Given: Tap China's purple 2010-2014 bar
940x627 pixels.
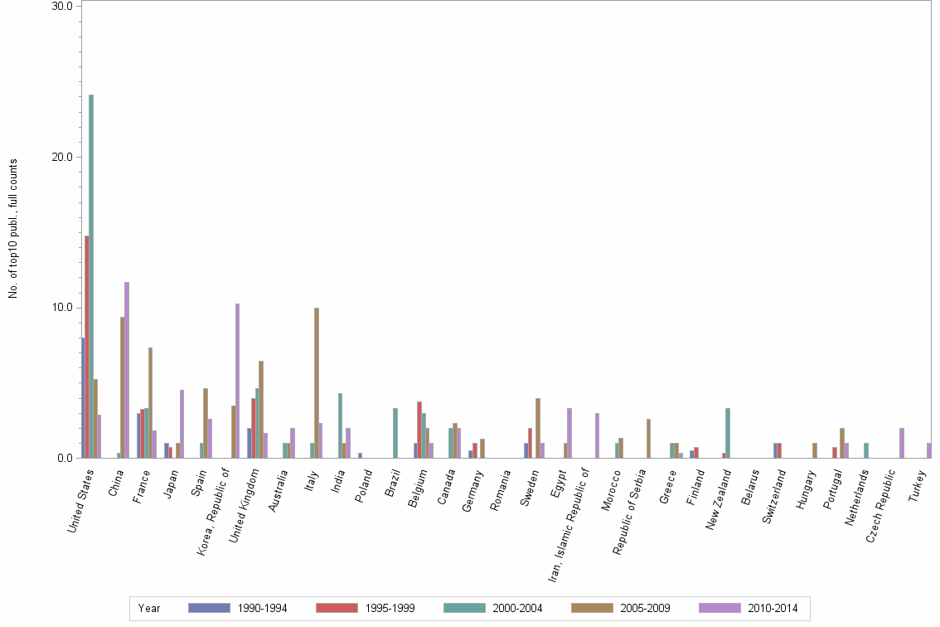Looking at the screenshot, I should [x=127, y=370].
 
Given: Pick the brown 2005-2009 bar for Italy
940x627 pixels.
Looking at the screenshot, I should [x=317, y=382].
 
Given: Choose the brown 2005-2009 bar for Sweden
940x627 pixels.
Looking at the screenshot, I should [x=538, y=428].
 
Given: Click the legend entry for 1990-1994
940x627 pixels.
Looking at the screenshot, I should [x=239, y=608].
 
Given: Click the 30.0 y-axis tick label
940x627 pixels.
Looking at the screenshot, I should [x=62, y=6].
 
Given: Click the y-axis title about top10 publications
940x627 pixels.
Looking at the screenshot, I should [x=12, y=228].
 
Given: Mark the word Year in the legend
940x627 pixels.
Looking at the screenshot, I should [x=149, y=608].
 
